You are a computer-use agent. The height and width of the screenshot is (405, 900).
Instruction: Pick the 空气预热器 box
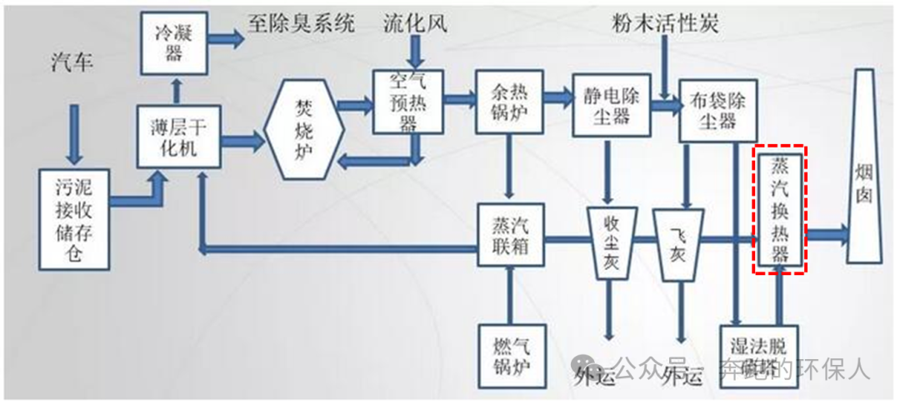pos(408,102)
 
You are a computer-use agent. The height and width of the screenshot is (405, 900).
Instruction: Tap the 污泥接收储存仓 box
pos(75,218)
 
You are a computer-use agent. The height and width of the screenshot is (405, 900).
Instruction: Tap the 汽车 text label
pos(72,63)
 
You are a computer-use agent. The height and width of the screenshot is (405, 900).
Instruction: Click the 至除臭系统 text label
pos(301,22)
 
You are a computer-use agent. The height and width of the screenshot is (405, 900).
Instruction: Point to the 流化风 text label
pos(415,22)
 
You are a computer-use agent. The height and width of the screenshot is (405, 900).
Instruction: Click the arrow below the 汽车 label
pos(75,133)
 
